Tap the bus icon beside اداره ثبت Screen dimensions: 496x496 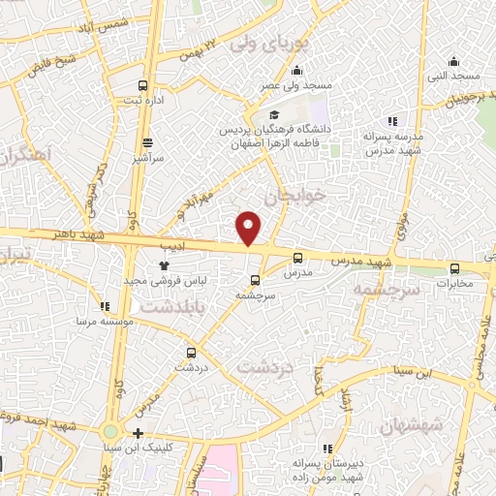coord(143,85)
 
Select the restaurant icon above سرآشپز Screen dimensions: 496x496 coord(148,141)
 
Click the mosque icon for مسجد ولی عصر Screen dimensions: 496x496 coord(296,70)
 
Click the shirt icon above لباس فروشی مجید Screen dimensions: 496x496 coord(164,263)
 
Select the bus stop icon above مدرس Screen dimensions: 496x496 coord(297,258)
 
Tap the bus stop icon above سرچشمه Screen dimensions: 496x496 coord(255,281)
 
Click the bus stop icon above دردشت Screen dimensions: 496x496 coord(190,354)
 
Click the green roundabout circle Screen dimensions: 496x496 coord(110,432)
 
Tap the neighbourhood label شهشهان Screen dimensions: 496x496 coord(411,423)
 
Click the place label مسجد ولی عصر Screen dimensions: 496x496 coord(295,86)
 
